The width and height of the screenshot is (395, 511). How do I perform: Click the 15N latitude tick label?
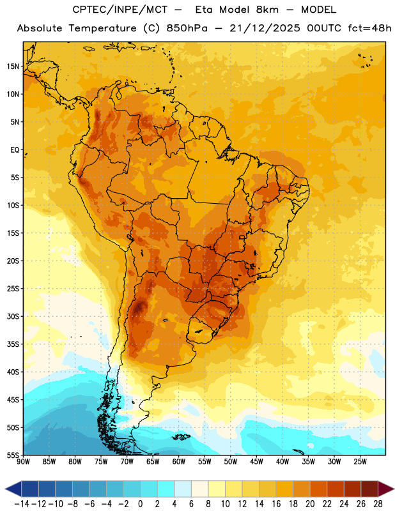[x=13, y=66]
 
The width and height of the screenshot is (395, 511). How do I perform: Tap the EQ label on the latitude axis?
[x=15, y=150]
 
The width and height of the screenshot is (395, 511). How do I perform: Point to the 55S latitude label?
[x=13, y=455]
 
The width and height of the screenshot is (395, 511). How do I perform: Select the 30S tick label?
[x=13, y=316]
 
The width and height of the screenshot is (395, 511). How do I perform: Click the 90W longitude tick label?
[x=23, y=462]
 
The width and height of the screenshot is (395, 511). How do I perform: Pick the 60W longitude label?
[x=179, y=462]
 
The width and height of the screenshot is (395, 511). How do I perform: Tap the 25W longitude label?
[x=360, y=462]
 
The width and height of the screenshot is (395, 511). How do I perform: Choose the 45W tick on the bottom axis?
[x=256, y=462]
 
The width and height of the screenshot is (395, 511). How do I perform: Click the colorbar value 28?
[x=378, y=504]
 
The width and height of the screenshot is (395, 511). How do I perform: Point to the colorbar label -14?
[x=22, y=504]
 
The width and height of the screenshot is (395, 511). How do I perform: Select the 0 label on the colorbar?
[x=140, y=504]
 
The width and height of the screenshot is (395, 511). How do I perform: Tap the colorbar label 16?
[x=276, y=504]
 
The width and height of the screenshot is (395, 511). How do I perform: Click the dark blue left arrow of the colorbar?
[x=13, y=489]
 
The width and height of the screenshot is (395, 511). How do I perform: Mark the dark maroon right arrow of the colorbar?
[x=386, y=489]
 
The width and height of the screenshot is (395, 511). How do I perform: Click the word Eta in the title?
[x=204, y=10]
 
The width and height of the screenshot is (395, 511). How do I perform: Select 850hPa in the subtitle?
[x=187, y=28]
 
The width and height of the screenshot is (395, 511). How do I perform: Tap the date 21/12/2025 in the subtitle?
[x=265, y=28]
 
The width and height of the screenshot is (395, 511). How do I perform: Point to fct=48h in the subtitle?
[x=369, y=28]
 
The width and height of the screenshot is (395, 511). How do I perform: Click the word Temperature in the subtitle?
[x=102, y=28]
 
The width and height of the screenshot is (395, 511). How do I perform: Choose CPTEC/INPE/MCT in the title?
[x=120, y=10]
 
